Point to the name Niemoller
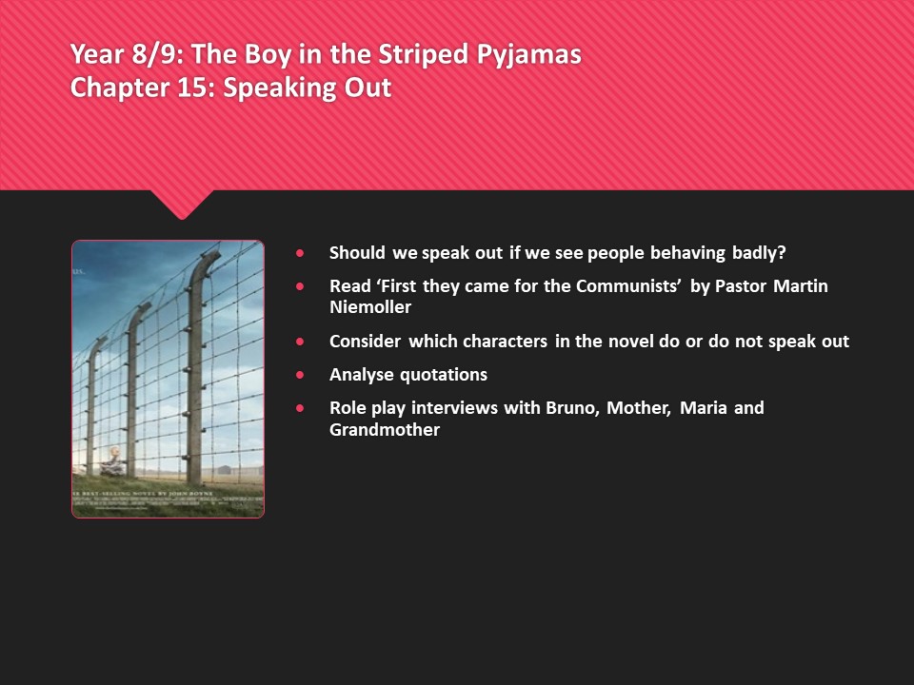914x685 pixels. (x=370, y=307)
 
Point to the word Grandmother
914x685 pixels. (x=384, y=429)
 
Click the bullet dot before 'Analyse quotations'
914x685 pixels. (x=301, y=375)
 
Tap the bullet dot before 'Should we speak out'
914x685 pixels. (x=301, y=253)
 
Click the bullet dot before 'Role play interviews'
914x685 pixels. (x=301, y=408)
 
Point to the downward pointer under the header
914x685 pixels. (x=181, y=204)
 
